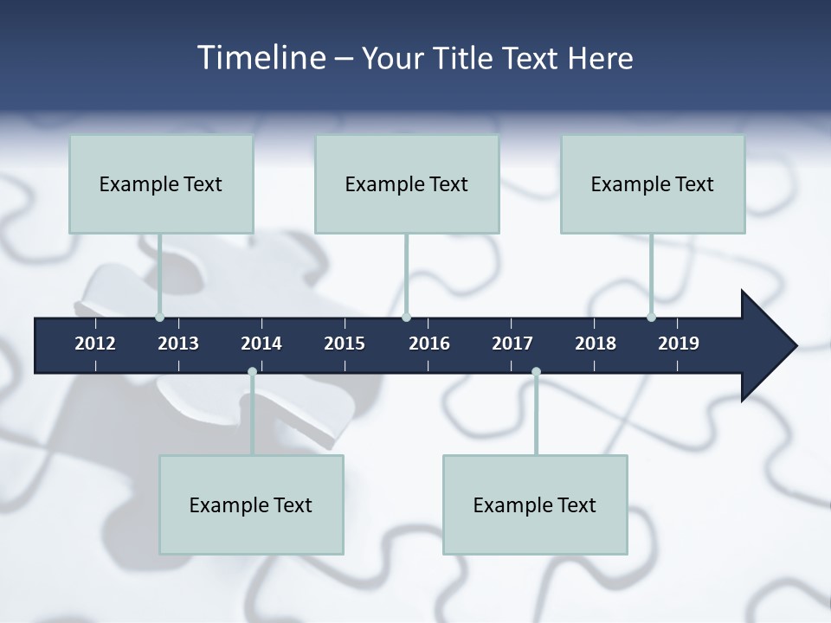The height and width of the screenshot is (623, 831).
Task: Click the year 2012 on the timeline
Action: (x=95, y=344)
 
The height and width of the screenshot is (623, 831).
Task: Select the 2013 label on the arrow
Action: (x=178, y=344)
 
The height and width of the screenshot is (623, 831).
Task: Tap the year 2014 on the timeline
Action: (x=261, y=344)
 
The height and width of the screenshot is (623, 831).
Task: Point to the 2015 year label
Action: (x=345, y=344)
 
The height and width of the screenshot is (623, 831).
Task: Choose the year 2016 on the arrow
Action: (x=429, y=344)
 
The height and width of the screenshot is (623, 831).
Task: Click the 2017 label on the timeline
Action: (x=512, y=344)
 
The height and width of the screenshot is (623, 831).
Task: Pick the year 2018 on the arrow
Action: (x=596, y=344)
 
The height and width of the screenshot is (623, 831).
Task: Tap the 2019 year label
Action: (x=679, y=344)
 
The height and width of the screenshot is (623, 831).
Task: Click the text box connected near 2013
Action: (x=161, y=183)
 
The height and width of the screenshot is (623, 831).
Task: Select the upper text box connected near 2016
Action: (x=407, y=183)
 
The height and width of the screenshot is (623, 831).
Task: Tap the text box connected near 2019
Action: (x=653, y=183)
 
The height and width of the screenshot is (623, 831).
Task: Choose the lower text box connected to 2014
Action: (x=251, y=504)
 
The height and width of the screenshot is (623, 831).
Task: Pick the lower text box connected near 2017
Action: (x=535, y=504)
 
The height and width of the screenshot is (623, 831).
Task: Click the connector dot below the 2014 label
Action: (x=252, y=372)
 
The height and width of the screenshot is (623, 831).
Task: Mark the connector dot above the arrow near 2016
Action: (x=406, y=317)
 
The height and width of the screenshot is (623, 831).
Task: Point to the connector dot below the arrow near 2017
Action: (x=536, y=372)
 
